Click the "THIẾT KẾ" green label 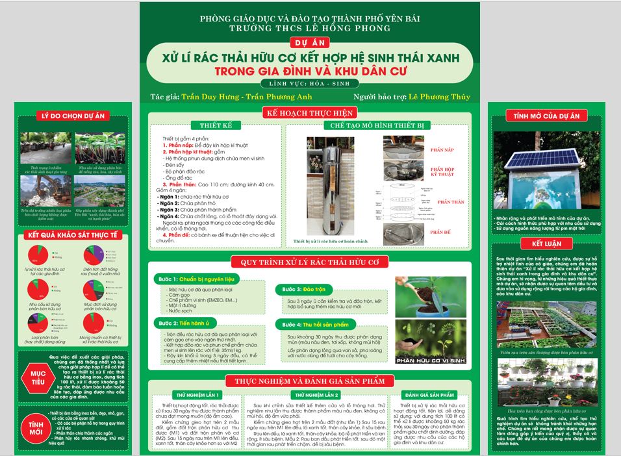[212, 125]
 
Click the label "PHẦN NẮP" [442, 149]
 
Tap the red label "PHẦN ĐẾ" [440, 233]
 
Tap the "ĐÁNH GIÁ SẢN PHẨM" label [429, 394]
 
